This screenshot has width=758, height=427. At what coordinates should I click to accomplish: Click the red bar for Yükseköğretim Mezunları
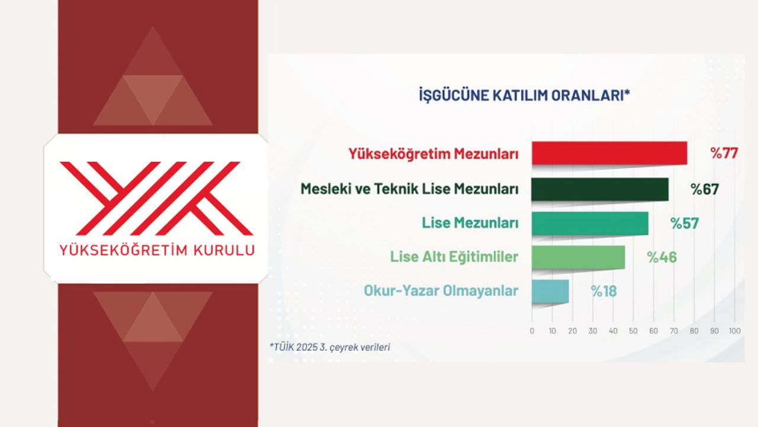[x=609, y=153]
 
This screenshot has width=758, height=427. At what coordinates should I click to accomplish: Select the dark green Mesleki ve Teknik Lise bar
[x=600, y=189]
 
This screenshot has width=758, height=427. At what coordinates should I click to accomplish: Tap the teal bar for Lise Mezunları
[x=590, y=224]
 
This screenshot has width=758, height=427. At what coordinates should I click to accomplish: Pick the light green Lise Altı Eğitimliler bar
[x=579, y=257]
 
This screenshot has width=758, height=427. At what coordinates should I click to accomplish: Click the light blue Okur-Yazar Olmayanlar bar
[x=550, y=291]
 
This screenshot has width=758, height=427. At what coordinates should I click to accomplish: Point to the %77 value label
[x=724, y=154]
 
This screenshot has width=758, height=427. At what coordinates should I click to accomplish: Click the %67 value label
[x=705, y=189]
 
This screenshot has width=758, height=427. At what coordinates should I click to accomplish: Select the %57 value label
[x=684, y=224]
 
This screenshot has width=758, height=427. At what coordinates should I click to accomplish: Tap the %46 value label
[x=662, y=257]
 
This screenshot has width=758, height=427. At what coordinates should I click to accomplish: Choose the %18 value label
[x=603, y=291]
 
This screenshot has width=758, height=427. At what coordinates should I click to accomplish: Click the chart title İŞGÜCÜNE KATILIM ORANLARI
[x=525, y=95]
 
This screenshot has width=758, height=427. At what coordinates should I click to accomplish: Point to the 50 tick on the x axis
[x=633, y=331]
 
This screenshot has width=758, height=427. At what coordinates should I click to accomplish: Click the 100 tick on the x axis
[x=735, y=331]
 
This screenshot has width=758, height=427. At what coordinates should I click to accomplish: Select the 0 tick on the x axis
[x=532, y=331]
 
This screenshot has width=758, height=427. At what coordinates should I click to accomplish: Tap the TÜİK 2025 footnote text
[x=330, y=348]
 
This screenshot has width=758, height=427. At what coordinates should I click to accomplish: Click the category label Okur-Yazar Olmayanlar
[x=441, y=291]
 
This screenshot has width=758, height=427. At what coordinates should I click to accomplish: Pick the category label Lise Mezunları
[x=470, y=223]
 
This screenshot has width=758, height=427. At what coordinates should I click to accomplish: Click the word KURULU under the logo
[x=224, y=250]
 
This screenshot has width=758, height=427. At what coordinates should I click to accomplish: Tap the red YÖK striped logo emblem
[x=156, y=199]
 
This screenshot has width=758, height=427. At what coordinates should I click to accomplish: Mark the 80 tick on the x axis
[x=694, y=331]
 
